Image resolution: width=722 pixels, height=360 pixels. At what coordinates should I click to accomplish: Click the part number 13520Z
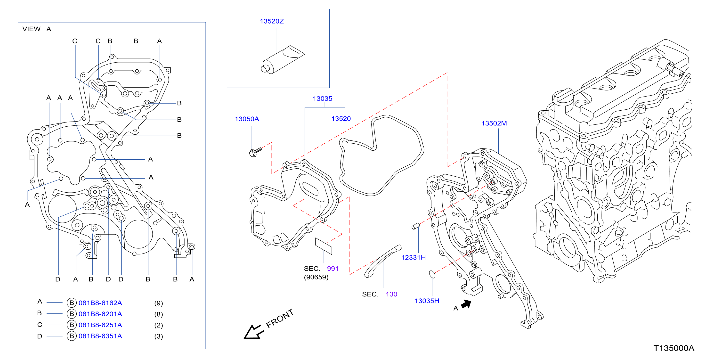click(x=272, y=21)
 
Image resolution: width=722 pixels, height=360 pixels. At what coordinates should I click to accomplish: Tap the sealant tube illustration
click(x=283, y=59)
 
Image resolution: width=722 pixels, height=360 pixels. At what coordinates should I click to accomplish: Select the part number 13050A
click(x=247, y=119)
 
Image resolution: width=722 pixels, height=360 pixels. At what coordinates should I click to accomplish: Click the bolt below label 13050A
click(x=255, y=152)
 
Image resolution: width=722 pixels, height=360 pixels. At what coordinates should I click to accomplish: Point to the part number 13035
click(x=323, y=99)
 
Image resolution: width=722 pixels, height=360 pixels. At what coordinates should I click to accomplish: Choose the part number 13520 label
click(x=341, y=119)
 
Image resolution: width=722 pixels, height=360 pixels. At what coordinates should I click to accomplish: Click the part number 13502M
click(x=494, y=123)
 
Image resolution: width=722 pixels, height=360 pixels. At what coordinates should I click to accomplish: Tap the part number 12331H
click(x=414, y=257)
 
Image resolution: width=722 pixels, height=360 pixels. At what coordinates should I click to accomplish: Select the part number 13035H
click(x=427, y=301)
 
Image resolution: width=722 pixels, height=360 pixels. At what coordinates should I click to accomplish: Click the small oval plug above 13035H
click(x=432, y=274)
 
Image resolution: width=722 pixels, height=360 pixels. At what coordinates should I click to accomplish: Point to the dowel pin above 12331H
click(x=416, y=226)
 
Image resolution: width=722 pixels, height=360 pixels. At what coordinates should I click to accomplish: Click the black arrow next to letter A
click(x=466, y=304)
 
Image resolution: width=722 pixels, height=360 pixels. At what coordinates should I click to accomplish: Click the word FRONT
click(x=280, y=319)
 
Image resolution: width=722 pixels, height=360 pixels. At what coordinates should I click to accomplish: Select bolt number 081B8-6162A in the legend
click(x=100, y=303)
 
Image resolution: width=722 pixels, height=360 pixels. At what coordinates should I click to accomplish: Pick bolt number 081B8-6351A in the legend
click(x=100, y=336)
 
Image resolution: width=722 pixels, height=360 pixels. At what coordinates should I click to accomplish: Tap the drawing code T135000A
click(x=674, y=348)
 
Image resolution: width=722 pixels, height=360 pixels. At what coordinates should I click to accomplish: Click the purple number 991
click(x=333, y=269)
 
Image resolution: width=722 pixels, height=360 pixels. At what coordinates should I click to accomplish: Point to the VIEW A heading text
click(x=37, y=29)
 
